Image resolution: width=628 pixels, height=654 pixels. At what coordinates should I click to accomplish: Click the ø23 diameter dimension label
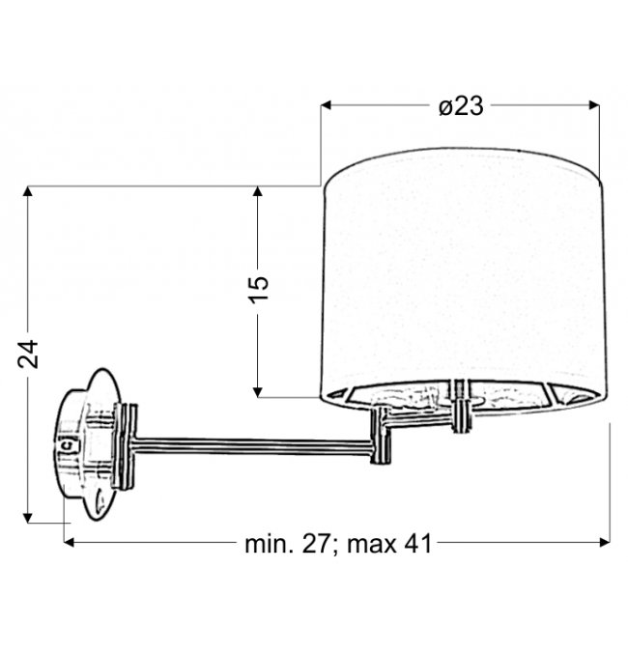(x=461, y=106)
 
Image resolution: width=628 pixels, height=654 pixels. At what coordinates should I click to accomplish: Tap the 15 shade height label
(x=259, y=289)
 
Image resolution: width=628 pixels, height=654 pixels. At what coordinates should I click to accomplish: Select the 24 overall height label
(x=28, y=355)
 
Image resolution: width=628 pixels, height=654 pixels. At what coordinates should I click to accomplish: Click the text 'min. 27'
(x=288, y=544)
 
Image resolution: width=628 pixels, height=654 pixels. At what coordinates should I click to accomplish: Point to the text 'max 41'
(x=389, y=544)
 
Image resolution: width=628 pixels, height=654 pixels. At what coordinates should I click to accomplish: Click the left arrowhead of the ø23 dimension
(x=326, y=105)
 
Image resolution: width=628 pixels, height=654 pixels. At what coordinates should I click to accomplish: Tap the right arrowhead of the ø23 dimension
(x=594, y=105)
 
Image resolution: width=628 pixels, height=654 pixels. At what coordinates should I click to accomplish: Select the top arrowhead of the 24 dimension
(x=28, y=191)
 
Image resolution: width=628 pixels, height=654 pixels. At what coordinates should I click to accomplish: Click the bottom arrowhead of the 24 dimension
(x=28, y=518)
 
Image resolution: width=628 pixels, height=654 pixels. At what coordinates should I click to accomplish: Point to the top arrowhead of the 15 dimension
(x=257, y=191)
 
